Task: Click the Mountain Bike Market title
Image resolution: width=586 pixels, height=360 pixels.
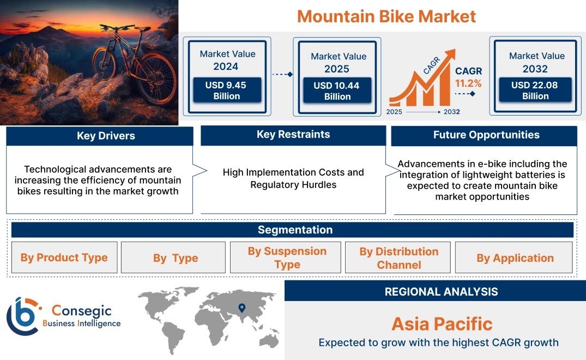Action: [386, 16]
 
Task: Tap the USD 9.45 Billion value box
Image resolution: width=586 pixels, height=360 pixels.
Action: [227, 90]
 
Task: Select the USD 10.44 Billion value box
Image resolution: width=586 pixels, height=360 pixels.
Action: [337, 91]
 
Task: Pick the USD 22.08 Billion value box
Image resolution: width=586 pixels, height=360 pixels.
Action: [535, 90]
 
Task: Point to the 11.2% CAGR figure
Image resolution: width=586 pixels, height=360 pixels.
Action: [468, 83]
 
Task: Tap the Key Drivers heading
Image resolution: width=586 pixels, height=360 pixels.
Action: [106, 136]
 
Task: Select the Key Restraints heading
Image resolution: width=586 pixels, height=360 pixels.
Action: [293, 134]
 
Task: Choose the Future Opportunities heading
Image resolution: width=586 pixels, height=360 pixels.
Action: [486, 135]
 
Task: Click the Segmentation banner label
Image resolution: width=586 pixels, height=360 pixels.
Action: [295, 230]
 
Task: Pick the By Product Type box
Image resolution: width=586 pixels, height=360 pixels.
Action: [64, 257]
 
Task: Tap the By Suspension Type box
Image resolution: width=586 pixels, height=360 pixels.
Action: [286, 257]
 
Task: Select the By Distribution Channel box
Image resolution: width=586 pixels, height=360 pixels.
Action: [398, 257]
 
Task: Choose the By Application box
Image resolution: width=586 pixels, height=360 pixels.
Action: [514, 257]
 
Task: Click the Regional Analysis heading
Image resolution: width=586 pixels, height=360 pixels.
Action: [442, 292]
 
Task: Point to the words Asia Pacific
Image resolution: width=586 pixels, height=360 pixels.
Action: [442, 324]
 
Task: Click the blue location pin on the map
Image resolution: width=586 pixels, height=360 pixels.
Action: [242, 308]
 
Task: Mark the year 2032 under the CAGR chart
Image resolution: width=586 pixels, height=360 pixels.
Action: [452, 112]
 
